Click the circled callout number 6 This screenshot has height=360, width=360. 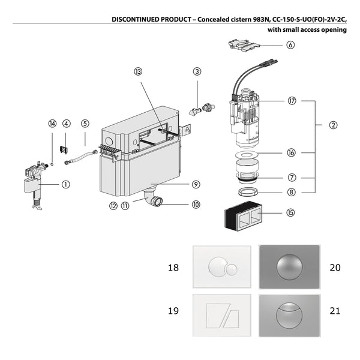coord(290,45)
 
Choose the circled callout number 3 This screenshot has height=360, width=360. coord(196,72)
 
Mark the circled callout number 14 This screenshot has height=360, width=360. coord(52,124)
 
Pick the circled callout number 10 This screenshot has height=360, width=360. coord(196,205)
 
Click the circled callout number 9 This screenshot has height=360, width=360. coord(196,184)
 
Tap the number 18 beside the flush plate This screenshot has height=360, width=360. coord(173,267)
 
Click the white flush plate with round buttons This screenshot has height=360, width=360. coord(221,268)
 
